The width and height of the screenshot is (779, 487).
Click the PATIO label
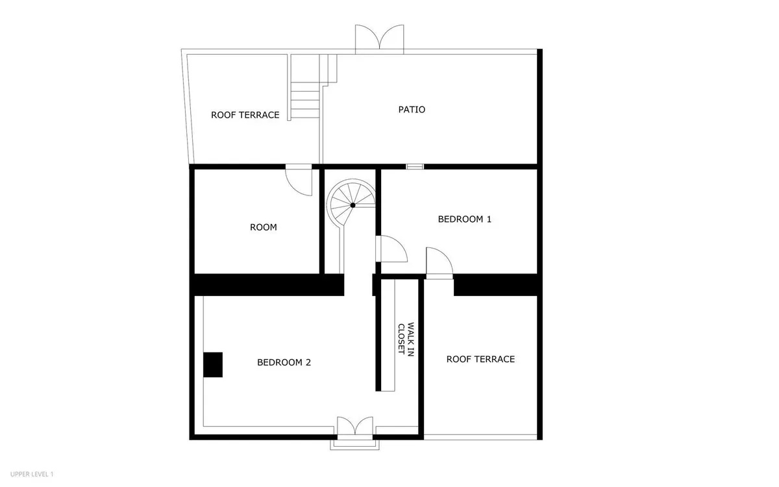pos(412,110)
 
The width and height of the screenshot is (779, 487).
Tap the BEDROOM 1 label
pos(465,219)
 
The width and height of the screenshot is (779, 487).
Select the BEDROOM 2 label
pos(284,362)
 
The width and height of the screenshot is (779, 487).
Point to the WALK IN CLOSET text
pos(406,340)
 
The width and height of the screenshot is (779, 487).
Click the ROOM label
pos(264,227)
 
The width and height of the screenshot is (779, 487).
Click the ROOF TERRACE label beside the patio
pos(245,115)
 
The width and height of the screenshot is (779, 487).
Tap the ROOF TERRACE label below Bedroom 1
pos(480,359)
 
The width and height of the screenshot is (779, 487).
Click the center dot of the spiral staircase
pos(352,205)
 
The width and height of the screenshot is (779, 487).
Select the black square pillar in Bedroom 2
pos(213,364)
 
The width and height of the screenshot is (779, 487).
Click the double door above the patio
pos(379,39)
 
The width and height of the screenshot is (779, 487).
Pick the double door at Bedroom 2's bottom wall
pos(354,426)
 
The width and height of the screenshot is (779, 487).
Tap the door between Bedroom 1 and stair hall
pos(391,249)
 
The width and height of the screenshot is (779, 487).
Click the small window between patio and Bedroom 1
pos(415,167)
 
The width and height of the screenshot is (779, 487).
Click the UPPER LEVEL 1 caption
pos(32,474)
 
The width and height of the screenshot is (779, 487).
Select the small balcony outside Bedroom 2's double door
pos(354,445)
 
